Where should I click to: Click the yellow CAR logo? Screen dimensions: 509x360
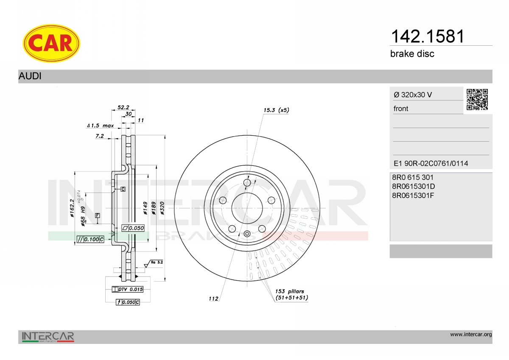pyautogui.click(x=51, y=43)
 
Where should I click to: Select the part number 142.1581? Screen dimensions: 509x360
pyautogui.click(x=428, y=36)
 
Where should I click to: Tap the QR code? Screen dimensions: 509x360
pyautogui.click(x=477, y=100)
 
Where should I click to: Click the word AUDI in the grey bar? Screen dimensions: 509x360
pyautogui.click(x=30, y=76)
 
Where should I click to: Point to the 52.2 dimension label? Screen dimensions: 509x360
pyautogui.click(x=123, y=107)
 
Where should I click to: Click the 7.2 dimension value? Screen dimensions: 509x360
pyautogui.click(x=100, y=136)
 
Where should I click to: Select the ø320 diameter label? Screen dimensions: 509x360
pyautogui.click(x=162, y=208)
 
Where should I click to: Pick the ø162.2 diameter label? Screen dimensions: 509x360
pyautogui.click(x=72, y=208)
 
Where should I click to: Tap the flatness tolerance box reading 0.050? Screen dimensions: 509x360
pyautogui.click(x=133, y=228)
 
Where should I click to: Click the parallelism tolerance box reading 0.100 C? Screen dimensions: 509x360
pyautogui.click(x=90, y=239)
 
